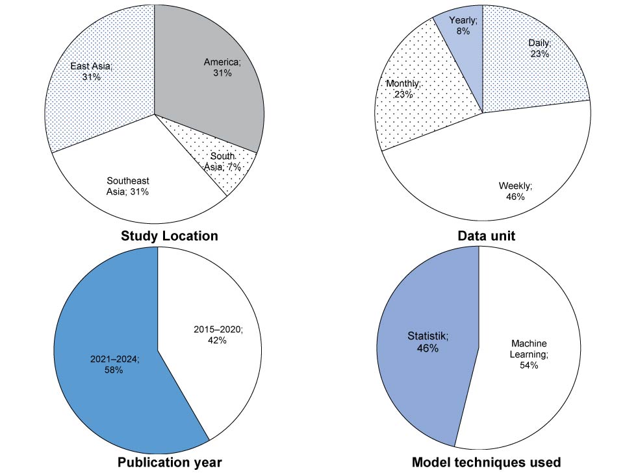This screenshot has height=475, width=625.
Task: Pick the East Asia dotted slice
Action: point(97,97)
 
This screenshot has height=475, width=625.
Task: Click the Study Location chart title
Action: point(170,236)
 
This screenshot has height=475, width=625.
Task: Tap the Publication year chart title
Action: point(170,463)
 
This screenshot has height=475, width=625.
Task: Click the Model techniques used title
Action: point(486,463)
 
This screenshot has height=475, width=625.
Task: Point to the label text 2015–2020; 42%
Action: point(218,335)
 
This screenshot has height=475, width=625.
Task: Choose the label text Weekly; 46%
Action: point(515,191)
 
